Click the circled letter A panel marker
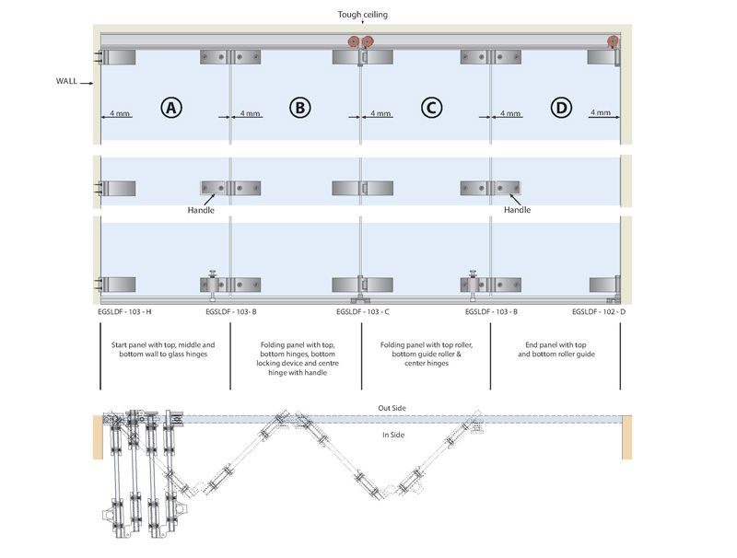click(x=170, y=107)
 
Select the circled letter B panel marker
click(x=300, y=107)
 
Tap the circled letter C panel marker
click(x=430, y=107)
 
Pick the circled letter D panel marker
click(x=560, y=107)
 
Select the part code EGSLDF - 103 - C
click(x=363, y=312)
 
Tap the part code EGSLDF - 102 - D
click(x=599, y=312)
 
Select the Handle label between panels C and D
click(x=517, y=210)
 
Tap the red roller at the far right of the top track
click(x=613, y=41)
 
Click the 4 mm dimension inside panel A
click(x=120, y=113)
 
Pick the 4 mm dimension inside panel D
click(x=600, y=113)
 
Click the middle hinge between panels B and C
click(x=360, y=189)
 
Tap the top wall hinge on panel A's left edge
click(x=118, y=57)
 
